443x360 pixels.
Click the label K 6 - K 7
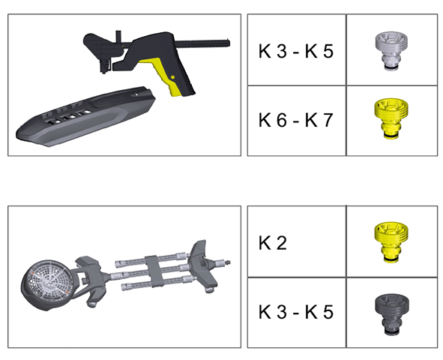[296, 120]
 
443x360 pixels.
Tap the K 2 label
[273, 243]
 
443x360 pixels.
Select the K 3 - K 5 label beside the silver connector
[296, 51]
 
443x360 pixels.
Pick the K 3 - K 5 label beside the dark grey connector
[296, 312]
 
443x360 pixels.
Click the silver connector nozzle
[392, 51]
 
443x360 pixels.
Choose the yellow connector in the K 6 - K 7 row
[392, 118]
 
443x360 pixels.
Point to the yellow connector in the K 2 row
[391, 242]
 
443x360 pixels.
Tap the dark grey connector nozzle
[392, 314]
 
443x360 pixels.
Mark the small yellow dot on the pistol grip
[173, 77]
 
